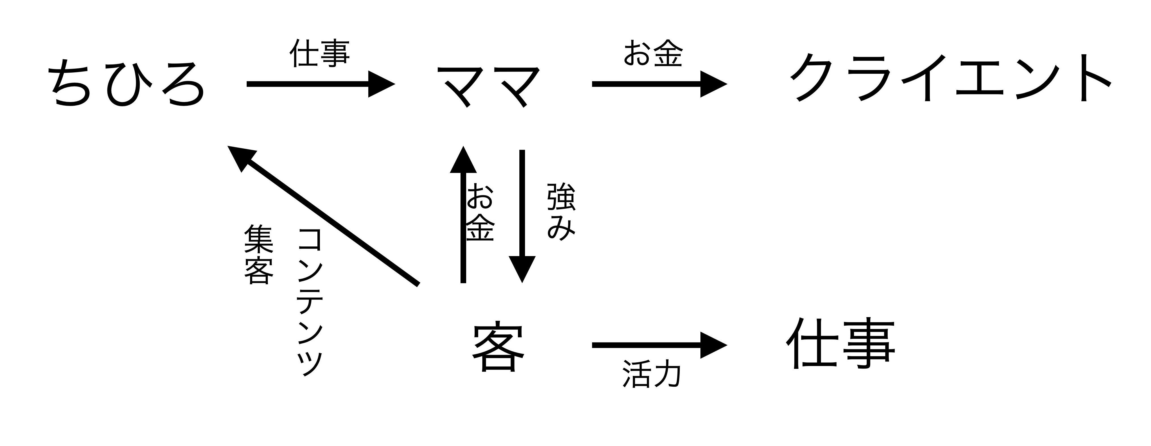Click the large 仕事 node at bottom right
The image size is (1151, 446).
pos(840,343)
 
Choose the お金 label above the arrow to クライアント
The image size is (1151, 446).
pos(653,54)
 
